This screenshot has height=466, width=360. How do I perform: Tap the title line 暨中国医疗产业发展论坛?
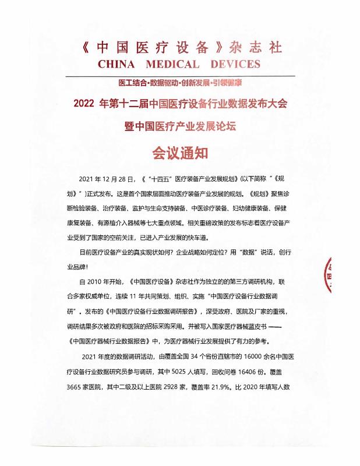tap(179, 126)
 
